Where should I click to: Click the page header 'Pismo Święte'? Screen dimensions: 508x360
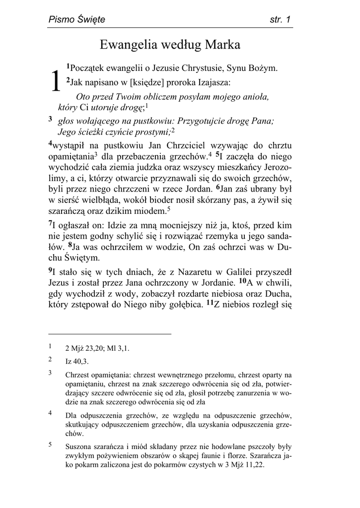pyautogui.click(x=76, y=20)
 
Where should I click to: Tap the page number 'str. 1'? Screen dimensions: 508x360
pyautogui.click(x=280, y=20)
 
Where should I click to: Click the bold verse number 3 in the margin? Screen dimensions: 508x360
pyautogui.click(x=50, y=119)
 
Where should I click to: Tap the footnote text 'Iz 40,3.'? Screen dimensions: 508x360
pyautogui.click(x=77, y=362)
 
